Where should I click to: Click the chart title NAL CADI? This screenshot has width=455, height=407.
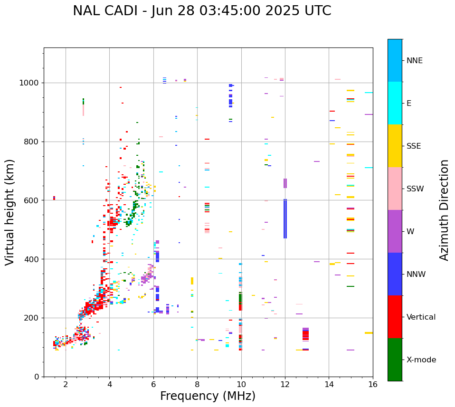coord(202,11)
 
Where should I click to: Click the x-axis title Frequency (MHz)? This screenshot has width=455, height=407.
coord(208,396)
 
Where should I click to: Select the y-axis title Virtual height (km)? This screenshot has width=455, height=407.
coord(10,212)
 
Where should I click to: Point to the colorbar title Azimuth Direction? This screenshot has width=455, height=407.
coord(444,210)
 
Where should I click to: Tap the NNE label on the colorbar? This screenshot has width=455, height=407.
coord(415,61)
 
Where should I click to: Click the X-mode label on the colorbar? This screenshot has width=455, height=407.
coord(421,360)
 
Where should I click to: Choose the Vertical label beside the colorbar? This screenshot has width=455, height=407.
coord(421,317)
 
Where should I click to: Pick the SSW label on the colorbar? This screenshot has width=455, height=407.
coord(415,189)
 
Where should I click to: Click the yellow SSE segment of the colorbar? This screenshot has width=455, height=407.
coord(395,146)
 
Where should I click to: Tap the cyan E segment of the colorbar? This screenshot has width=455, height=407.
coord(395,103)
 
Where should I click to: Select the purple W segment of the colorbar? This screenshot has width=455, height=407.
coord(395,231)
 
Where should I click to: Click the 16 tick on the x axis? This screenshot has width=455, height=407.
coord(373,384)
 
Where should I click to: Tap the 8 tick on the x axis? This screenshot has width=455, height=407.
coord(197,384)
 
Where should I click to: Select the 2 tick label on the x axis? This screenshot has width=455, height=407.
coord(66,384)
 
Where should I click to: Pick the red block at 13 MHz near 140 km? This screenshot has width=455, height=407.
coord(305,335)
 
